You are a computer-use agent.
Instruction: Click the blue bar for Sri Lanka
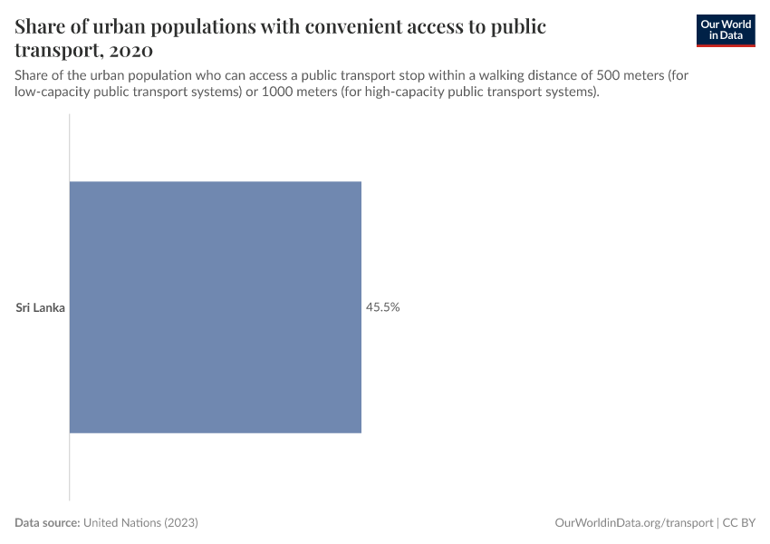216,306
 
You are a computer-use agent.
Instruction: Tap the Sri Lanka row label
41,307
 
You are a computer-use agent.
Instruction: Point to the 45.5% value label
383,307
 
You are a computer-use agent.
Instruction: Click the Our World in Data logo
726,30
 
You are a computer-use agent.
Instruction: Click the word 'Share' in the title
42,26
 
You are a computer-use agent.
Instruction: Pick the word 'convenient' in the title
342,26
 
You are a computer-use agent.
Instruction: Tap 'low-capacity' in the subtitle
50,92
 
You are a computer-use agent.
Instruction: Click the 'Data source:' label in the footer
47,523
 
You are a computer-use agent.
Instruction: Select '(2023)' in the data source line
181,523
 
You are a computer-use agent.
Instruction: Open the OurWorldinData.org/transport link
633,523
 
